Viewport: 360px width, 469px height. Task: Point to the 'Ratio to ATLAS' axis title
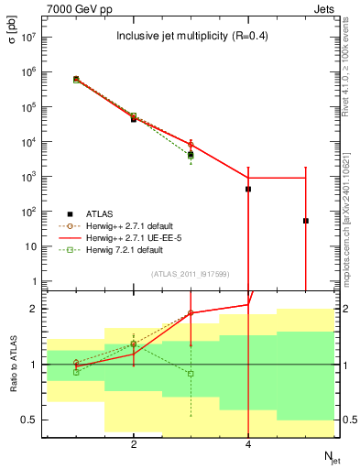tap(15, 365)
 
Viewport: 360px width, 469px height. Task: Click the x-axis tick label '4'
tap(248, 445)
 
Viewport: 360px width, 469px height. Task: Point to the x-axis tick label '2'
tap(134, 445)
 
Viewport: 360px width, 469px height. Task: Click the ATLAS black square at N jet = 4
tap(248, 189)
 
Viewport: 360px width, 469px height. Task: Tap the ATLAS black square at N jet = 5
tap(305, 221)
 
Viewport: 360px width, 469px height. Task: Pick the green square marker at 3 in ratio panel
tap(191, 374)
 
